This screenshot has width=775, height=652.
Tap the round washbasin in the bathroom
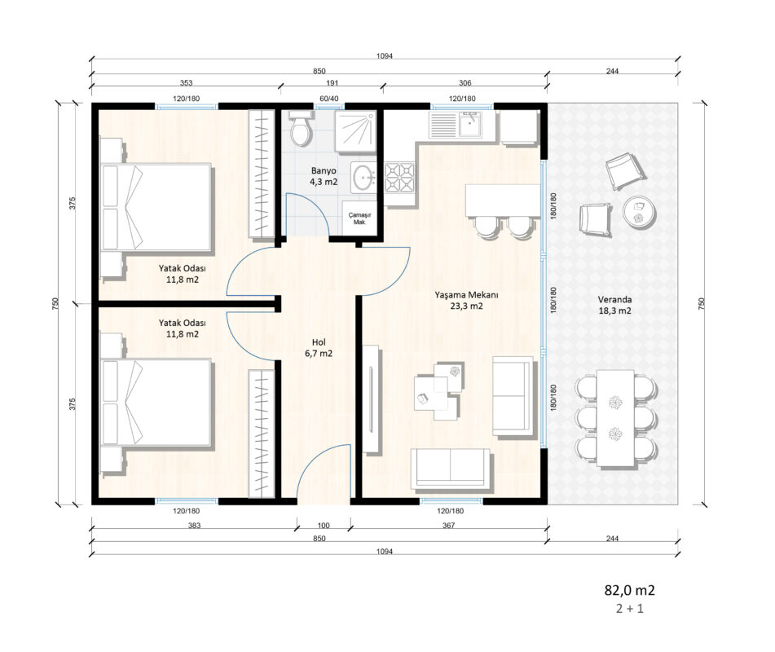pyautogui.click(x=364, y=177)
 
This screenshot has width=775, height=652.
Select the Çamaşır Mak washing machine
pyautogui.click(x=359, y=218)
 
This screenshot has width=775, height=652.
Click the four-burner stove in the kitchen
pyautogui.click(x=399, y=178)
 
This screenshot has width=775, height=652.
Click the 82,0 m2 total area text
pyautogui.click(x=629, y=590)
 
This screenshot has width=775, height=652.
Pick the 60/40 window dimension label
pyautogui.click(x=329, y=99)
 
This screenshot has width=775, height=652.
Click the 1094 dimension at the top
pyautogui.click(x=385, y=56)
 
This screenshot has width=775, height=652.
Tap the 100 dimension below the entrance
pyautogui.click(x=324, y=526)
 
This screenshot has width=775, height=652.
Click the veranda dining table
pyautogui.click(x=615, y=418)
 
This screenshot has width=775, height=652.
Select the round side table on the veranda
pyautogui.click(x=639, y=212)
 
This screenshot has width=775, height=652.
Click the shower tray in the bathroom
pyautogui.click(x=355, y=131)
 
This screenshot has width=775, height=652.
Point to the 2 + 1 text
pyautogui.click(x=630, y=609)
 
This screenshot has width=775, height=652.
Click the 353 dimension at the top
pyautogui.click(x=186, y=82)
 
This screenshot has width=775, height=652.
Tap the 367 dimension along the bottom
pyautogui.click(x=448, y=526)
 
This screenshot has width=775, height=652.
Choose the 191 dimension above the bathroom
pyautogui.click(x=332, y=82)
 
